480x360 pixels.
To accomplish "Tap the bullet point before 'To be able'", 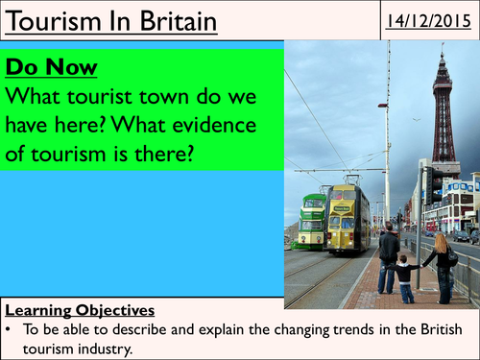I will tap(11, 327).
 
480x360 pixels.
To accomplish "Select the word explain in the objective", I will tap(208, 327).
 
